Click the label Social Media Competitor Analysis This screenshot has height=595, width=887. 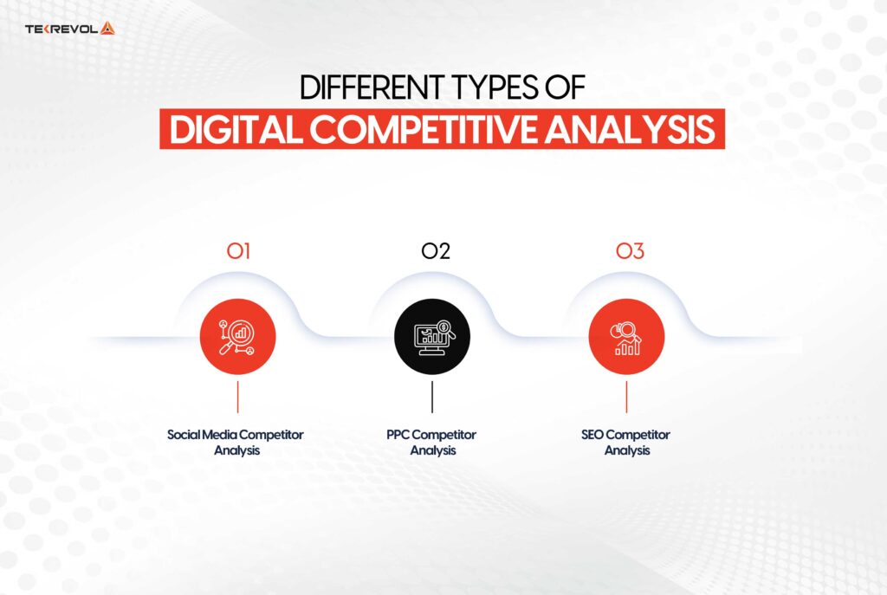click(236, 442)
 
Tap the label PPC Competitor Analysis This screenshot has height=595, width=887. click(431, 442)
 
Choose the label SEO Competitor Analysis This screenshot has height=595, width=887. click(626, 442)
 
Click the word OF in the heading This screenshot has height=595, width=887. click(569, 88)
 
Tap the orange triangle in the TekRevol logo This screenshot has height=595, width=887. click(107, 29)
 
